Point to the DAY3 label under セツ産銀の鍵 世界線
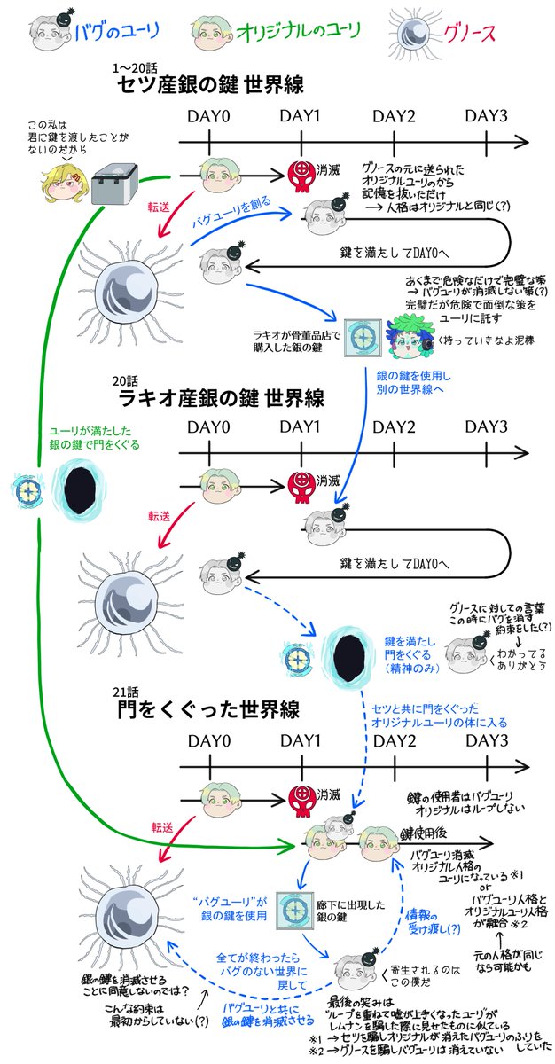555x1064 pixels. [x=487, y=117]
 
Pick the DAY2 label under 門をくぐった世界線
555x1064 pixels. [x=394, y=740]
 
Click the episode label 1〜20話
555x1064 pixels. [x=130, y=67]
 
